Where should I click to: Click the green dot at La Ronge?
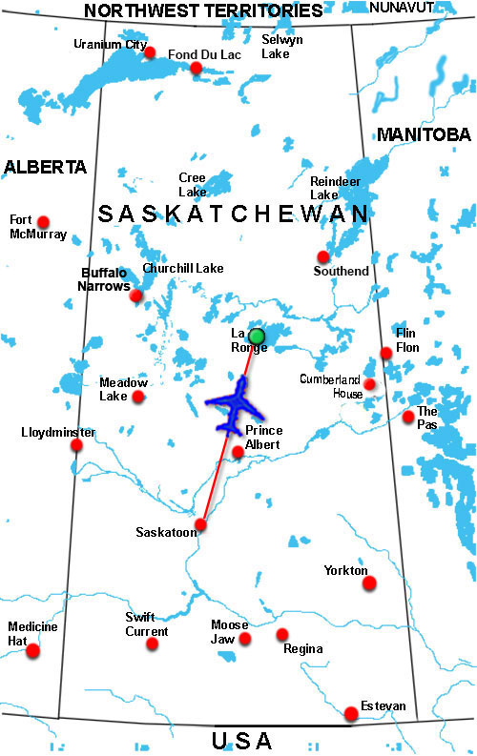pyautogui.click(x=256, y=336)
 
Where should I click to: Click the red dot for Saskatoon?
pyautogui.click(x=200, y=525)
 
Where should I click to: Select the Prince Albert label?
pyautogui.click(x=263, y=438)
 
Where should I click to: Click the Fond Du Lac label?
pyautogui.click(x=205, y=54)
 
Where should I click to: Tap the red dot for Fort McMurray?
pyautogui.click(x=42, y=220)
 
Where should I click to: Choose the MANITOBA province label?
pyautogui.click(x=425, y=134)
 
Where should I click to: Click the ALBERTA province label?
pyautogui.click(x=45, y=167)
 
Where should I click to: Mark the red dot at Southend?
pyautogui.click(x=323, y=256)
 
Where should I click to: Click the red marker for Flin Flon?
pyautogui.click(x=386, y=353)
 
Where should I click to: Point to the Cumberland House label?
pyautogui.click(x=330, y=385)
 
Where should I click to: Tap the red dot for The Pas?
pyautogui.click(x=408, y=417)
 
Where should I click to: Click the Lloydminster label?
pyautogui.click(x=58, y=432)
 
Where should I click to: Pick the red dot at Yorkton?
pyautogui.click(x=369, y=582)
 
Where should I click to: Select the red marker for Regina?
pyautogui.click(x=282, y=634)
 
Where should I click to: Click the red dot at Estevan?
pyautogui.click(x=352, y=713)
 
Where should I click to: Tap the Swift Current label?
pyautogui.click(x=147, y=624)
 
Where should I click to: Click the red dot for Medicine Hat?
pyautogui.click(x=33, y=651)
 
